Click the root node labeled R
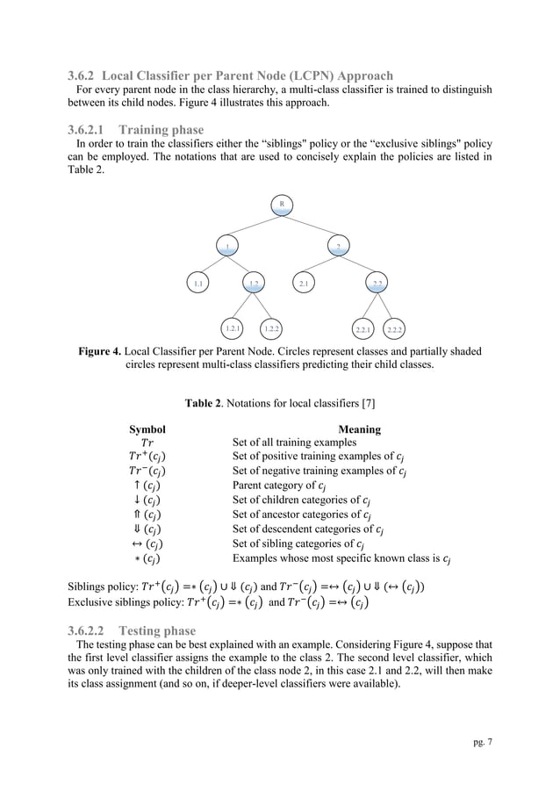(x=282, y=204)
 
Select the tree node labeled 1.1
(x=199, y=284)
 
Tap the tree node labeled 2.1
(x=305, y=284)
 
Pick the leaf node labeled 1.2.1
(x=233, y=328)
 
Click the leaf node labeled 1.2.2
(x=272, y=328)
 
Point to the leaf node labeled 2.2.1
(x=363, y=329)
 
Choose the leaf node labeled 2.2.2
(x=395, y=329)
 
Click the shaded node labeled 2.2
(x=377, y=284)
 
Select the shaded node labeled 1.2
(x=254, y=284)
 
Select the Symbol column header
(x=147, y=430)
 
